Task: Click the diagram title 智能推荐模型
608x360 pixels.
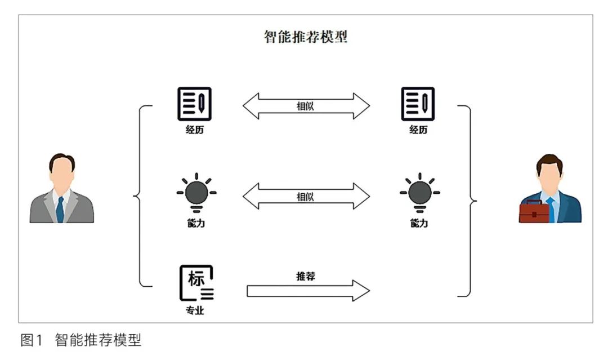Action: click(x=306, y=37)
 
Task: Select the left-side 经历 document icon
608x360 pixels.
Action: click(x=194, y=104)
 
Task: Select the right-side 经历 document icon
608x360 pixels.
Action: click(x=418, y=104)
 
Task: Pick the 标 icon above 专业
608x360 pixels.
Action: click(x=196, y=282)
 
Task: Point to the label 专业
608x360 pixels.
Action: click(x=195, y=311)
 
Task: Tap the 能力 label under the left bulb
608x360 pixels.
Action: click(x=195, y=224)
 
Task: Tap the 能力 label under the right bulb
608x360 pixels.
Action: click(x=419, y=224)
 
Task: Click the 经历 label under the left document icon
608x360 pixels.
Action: click(x=194, y=130)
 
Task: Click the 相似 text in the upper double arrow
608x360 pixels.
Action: click(x=305, y=105)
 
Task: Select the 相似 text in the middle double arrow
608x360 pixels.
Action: click(x=305, y=197)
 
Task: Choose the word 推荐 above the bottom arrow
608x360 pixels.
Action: click(x=305, y=276)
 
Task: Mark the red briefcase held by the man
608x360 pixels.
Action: click(x=533, y=212)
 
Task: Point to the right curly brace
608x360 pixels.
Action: click(x=470, y=200)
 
